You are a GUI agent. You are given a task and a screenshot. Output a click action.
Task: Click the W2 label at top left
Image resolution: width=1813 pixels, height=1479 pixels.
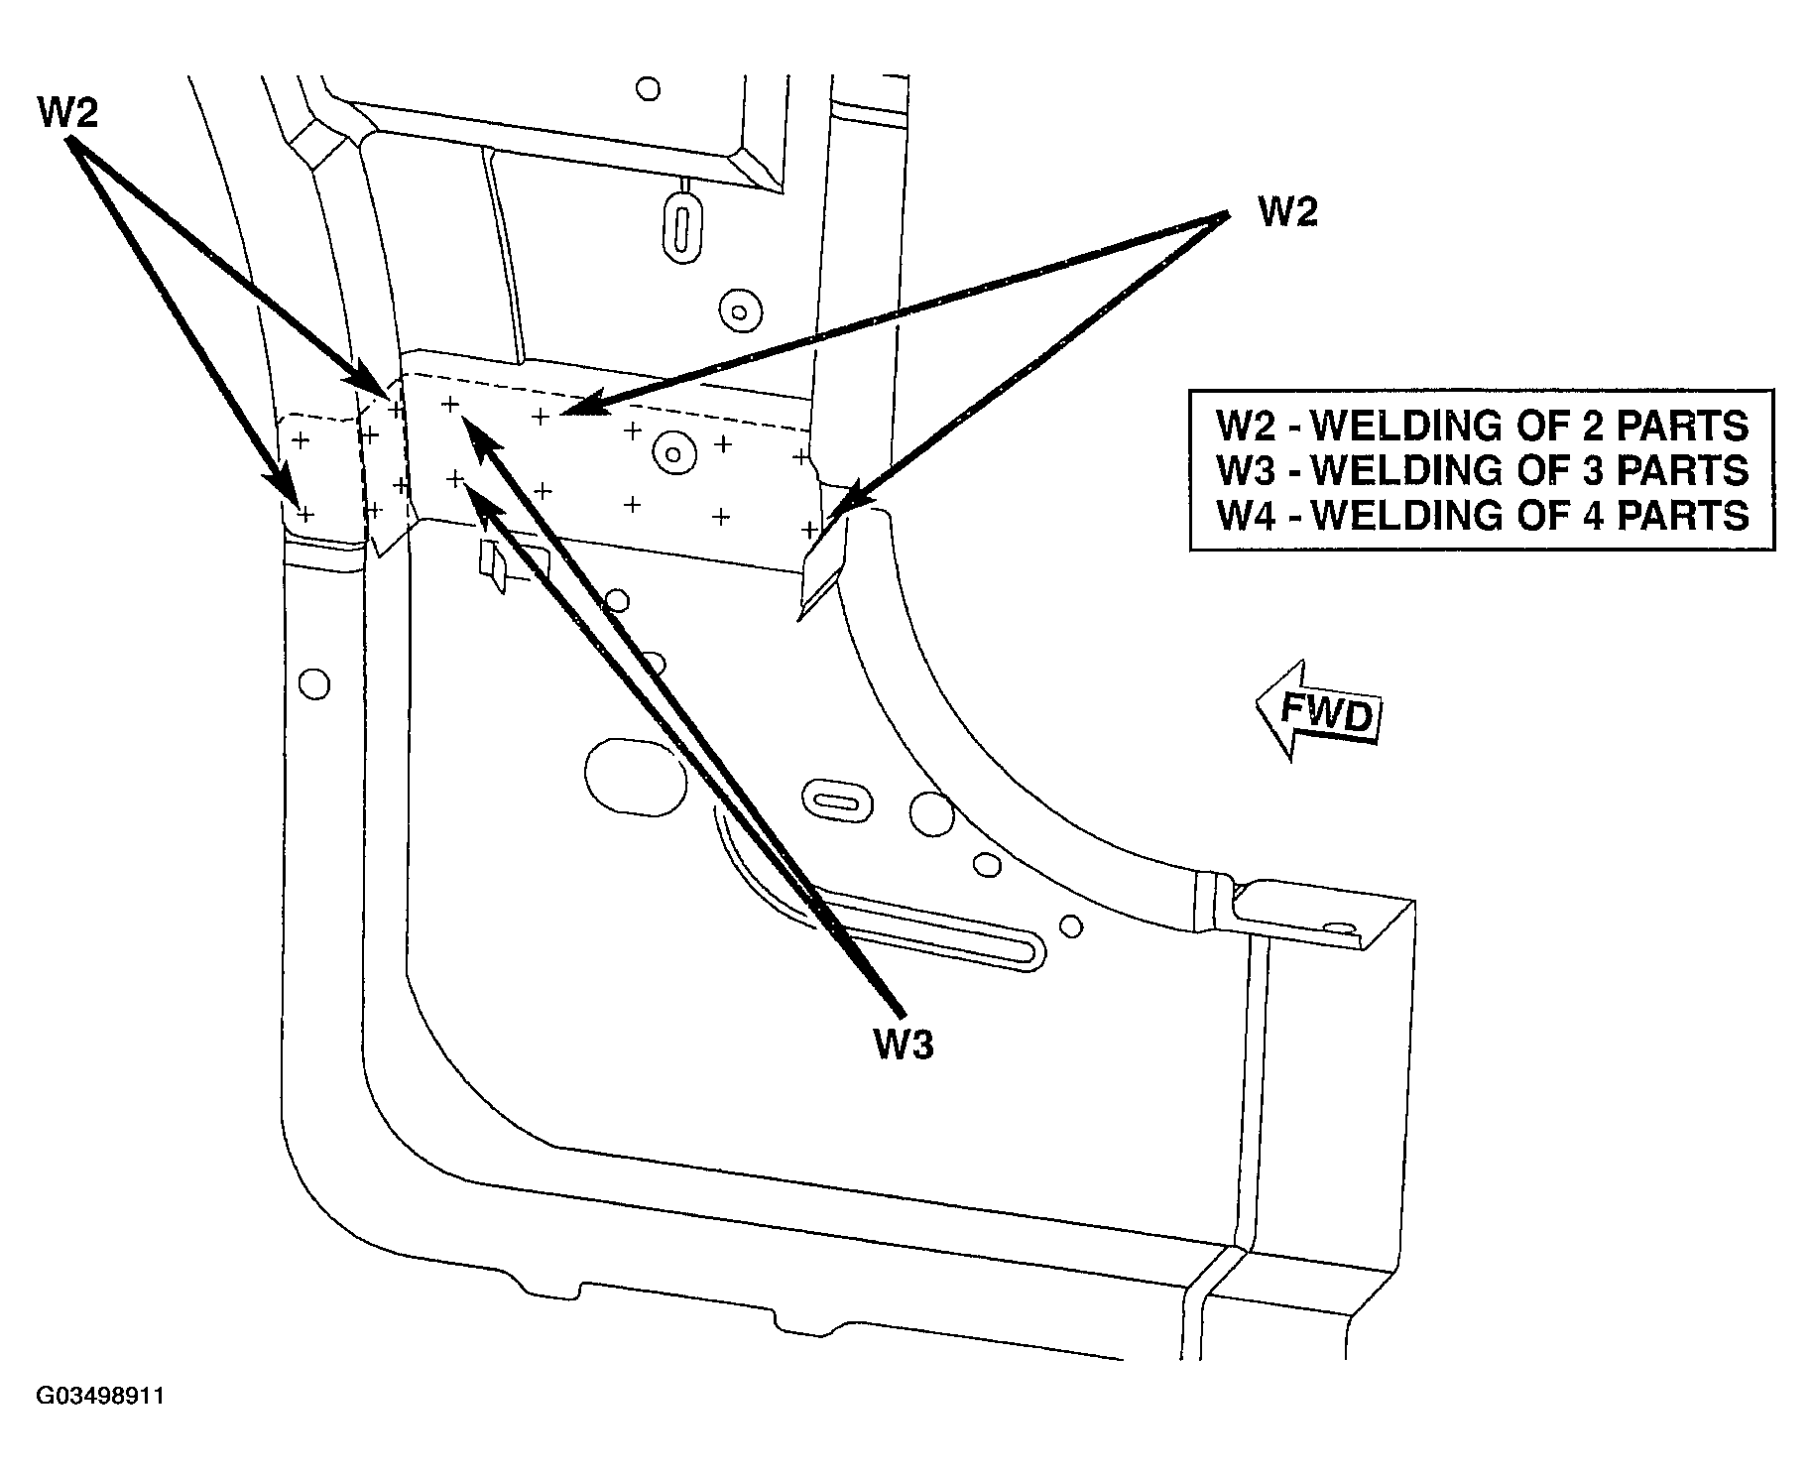tap(68, 113)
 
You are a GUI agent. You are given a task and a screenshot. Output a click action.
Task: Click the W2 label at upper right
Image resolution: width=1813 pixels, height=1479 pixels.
tap(1288, 211)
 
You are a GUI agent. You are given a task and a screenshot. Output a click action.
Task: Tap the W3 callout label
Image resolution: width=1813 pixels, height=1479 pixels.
tap(904, 1044)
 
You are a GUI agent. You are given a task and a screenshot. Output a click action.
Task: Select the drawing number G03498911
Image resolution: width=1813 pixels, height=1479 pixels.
tap(100, 1397)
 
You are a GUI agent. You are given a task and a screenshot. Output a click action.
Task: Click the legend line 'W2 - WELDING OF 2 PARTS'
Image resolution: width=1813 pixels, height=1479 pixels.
tap(1483, 426)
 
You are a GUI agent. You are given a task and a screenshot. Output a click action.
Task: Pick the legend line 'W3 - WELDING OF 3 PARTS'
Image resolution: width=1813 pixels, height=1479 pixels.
tap(1483, 470)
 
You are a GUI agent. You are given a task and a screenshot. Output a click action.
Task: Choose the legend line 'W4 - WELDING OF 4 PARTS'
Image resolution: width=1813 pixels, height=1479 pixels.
tap(1483, 515)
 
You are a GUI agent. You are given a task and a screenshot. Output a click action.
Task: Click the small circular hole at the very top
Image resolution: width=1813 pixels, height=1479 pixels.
tap(649, 89)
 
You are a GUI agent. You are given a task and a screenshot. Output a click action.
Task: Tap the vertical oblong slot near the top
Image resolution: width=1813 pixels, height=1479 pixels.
tap(681, 227)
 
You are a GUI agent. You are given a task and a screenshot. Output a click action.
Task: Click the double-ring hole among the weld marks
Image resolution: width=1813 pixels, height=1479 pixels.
tap(673, 454)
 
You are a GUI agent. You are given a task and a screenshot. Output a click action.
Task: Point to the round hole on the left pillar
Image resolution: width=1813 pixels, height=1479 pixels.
tap(314, 683)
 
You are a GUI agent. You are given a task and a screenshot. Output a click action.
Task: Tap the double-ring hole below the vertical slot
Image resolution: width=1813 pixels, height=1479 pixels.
tap(738, 310)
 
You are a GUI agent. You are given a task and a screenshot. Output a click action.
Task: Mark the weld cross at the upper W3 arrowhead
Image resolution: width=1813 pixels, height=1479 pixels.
tap(450, 404)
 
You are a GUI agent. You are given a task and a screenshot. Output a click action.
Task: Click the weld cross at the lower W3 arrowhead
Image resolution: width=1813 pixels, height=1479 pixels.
tap(455, 479)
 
